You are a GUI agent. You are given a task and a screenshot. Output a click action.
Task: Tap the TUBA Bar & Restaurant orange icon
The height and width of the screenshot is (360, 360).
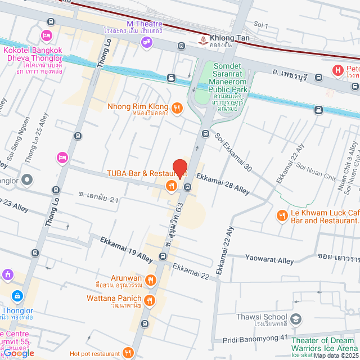[169, 185]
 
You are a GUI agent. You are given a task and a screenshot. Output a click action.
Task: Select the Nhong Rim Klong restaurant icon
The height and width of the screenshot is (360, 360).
[177, 107]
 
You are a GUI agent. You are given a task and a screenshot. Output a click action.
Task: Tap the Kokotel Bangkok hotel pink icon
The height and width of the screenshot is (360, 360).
[47, 36]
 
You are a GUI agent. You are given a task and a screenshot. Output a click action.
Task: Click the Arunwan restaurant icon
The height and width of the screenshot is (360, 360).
[150, 280]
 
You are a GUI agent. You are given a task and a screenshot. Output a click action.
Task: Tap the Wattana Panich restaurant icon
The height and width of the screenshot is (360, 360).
[149, 300]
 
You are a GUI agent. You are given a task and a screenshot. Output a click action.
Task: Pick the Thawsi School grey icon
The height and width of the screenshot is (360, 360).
[296, 320]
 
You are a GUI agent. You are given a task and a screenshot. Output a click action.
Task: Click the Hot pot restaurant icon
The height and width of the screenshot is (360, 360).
[129, 353]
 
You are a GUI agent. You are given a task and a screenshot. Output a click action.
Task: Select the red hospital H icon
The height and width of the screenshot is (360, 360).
[337, 70]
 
